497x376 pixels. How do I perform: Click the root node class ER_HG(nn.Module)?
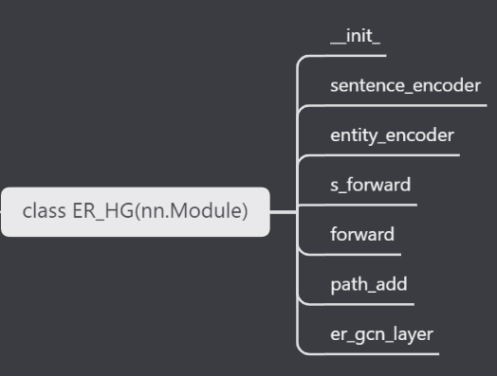click(x=135, y=210)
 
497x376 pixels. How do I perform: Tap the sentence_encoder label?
click(x=405, y=86)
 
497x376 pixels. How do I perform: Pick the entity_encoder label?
click(x=392, y=135)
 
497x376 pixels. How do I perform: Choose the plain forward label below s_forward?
click(x=361, y=234)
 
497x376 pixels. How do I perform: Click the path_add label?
click(x=368, y=283)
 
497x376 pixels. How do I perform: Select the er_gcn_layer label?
click(x=382, y=333)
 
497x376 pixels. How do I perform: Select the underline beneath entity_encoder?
click(x=392, y=154)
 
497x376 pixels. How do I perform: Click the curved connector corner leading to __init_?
click(x=302, y=61)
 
